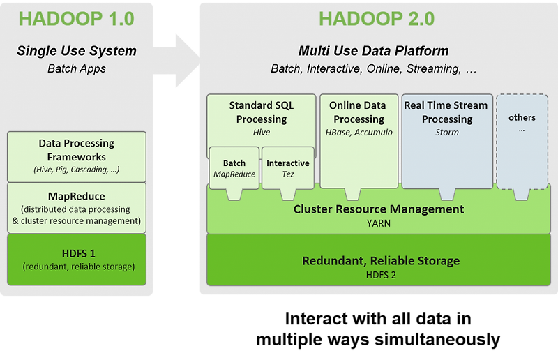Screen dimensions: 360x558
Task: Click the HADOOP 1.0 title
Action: [x=76, y=18]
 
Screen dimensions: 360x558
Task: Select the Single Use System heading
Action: [x=77, y=51]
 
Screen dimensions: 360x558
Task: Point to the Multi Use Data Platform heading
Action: [x=373, y=51]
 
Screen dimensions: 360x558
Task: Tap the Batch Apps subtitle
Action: [x=77, y=68]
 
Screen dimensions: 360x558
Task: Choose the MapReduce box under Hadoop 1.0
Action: [x=77, y=208]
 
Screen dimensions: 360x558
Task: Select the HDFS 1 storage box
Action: [x=77, y=259]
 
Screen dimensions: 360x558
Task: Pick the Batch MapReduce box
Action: [x=234, y=168]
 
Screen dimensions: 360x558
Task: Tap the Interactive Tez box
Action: [x=287, y=168]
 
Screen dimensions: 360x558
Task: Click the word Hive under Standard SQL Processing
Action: [x=262, y=133]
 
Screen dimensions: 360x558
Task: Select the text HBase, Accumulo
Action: [x=359, y=133]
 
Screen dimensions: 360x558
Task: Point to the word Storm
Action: [x=446, y=133]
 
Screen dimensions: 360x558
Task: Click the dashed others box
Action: [x=522, y=140]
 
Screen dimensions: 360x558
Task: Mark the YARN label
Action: [x=378, y=223]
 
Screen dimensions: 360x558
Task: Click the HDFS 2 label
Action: [x=380, y=275]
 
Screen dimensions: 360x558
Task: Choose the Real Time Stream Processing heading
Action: [x=446, y=112]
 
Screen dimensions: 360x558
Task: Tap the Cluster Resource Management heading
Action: [x=378, y=209]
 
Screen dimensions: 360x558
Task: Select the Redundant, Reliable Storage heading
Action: [x=380, y=261]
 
